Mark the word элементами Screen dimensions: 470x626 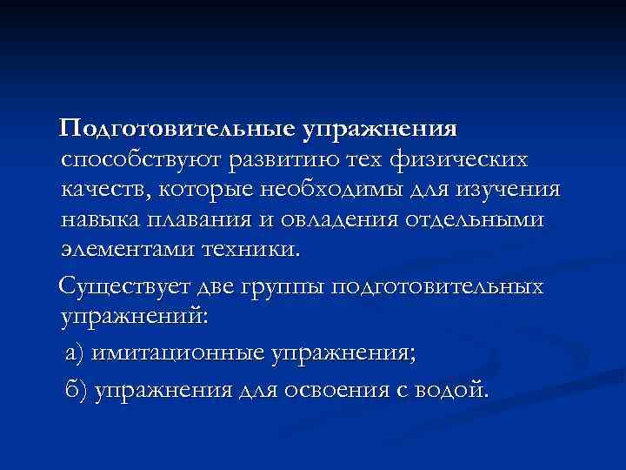(126, 250)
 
